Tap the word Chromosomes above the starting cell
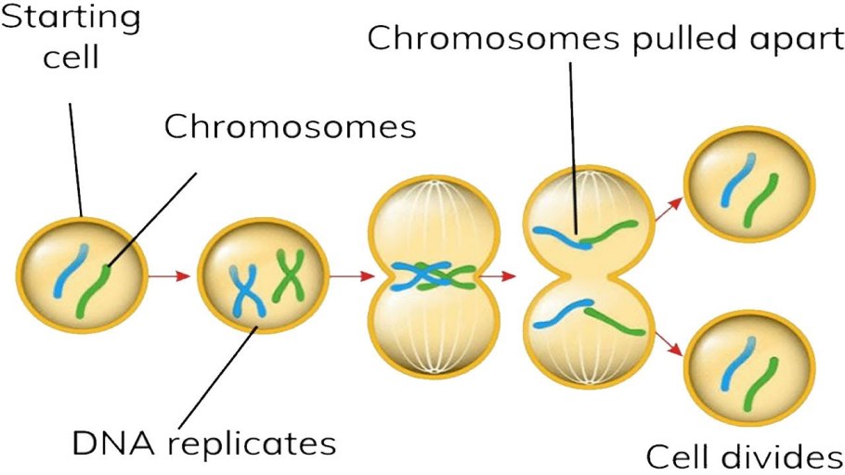(x=291, y=126)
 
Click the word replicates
(x=257, y=445)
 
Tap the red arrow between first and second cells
(x=170, y=276)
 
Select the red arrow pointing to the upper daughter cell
(x=666, y=209)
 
